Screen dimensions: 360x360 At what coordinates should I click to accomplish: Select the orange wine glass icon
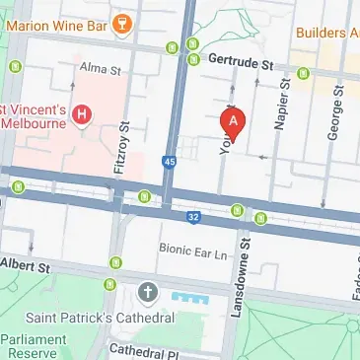point(122,24)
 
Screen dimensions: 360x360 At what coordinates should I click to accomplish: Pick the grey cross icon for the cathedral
point(148,293)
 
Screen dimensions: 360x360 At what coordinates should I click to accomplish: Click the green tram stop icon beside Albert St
point(118,261)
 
